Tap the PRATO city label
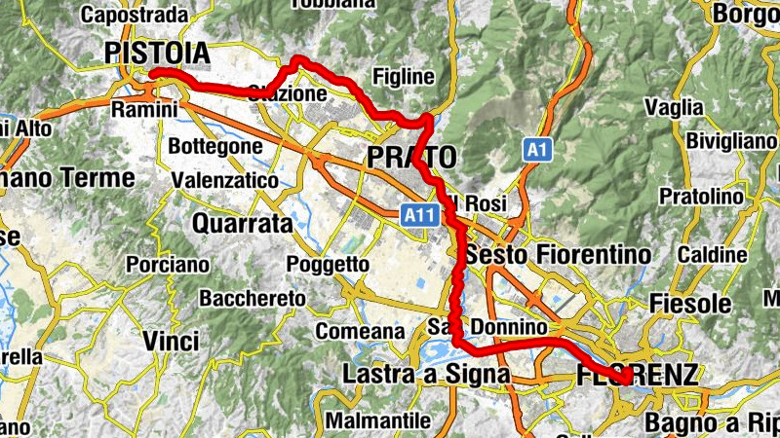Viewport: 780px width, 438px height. pos(411,156)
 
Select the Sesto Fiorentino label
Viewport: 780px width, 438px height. pos(558,255)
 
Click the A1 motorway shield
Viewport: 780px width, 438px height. pos(535,149)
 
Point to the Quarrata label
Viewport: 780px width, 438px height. pos(242,224)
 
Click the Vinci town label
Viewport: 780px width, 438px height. pos(171,341)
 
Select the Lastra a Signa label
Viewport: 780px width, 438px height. pos(426,374)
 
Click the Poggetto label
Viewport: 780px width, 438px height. pos(329,264)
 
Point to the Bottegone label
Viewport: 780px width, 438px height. pos(215,147)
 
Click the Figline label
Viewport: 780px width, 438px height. pos(403,77)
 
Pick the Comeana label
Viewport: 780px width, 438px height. pos(360,331)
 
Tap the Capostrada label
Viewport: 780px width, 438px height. pos(135,15)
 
